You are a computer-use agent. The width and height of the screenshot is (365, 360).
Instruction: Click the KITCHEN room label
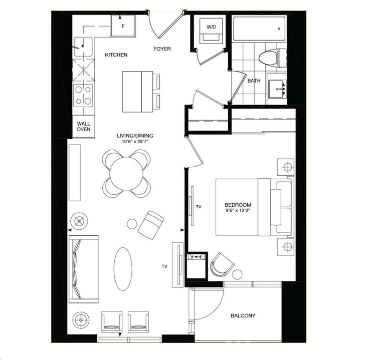tap(116, 55)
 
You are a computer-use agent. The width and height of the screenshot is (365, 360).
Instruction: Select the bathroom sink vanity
tap(276, 89)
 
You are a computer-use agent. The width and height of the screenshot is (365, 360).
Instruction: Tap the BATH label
tap(254, 80)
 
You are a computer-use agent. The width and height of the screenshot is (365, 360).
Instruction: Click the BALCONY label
tap(243, 315)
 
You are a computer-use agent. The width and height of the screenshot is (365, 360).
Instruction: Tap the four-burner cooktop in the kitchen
tap(83, 95)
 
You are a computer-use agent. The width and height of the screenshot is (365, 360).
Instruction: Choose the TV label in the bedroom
tap(199, 206)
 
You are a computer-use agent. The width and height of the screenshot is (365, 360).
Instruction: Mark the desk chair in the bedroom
tap(222, 264)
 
